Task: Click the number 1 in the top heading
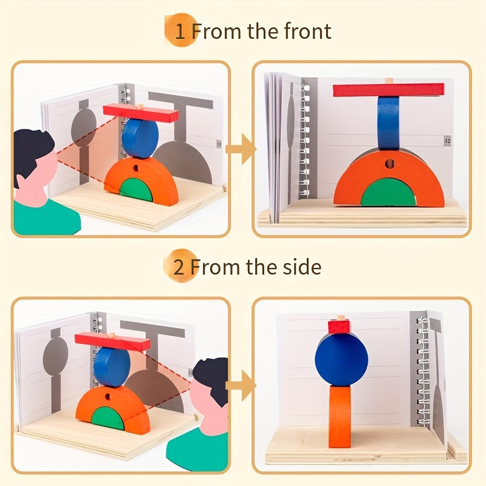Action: [180, 32]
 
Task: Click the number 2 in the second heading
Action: [179, 267]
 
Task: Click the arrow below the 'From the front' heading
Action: [245, 149]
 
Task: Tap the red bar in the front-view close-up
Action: [389, 90]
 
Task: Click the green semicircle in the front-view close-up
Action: [389, 193]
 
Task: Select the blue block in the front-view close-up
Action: [388, 122]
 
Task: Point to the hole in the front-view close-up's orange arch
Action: [389, 164]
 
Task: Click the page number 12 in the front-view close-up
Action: [447, 140]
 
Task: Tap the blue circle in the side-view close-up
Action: [341, 359]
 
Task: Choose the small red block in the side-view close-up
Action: [340, 327]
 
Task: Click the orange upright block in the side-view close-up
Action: [340, 416]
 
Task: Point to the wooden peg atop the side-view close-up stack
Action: [341, 318]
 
